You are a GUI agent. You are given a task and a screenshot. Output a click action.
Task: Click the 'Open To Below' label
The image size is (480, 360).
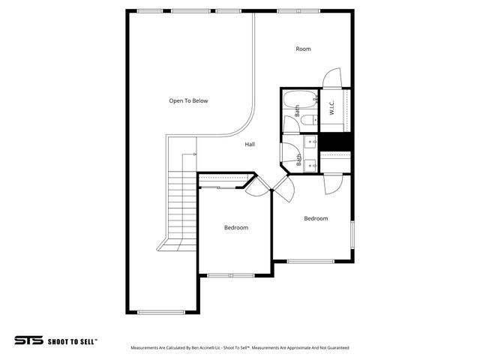click(x=188, y=100)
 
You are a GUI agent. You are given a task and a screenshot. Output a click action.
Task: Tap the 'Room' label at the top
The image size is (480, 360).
click(x=303, y=49)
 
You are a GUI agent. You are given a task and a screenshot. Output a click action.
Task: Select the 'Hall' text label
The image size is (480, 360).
click(x=250, y=144)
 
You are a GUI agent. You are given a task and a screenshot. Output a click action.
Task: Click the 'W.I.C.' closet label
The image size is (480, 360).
click(x=331, y=113)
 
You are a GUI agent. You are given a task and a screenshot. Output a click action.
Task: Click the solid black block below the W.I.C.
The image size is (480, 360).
click(x=335, y=142)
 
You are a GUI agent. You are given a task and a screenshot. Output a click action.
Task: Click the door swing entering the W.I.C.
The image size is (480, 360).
click(x=332, y=78)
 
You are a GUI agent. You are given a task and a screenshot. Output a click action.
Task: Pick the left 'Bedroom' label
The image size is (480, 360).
click(x=235, y=227)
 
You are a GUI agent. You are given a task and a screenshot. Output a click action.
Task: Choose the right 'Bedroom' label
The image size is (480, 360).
click(x=316, y=218)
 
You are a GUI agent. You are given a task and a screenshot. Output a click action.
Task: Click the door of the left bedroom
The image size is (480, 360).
click(x=257, y=186)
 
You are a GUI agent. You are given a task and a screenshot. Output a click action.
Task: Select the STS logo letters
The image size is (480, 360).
click(x=28, y=340)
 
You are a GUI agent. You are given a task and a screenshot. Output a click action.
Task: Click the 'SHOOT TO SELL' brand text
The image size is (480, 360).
click(x=73, y=340)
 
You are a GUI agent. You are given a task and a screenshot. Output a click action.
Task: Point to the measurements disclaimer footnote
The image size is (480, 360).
click(x=239, y=348)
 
